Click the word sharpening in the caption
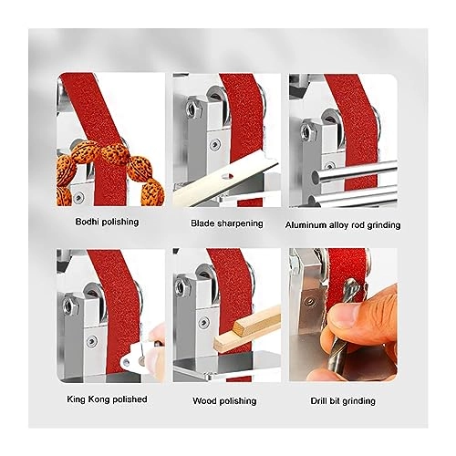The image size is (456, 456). click(239, 222)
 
